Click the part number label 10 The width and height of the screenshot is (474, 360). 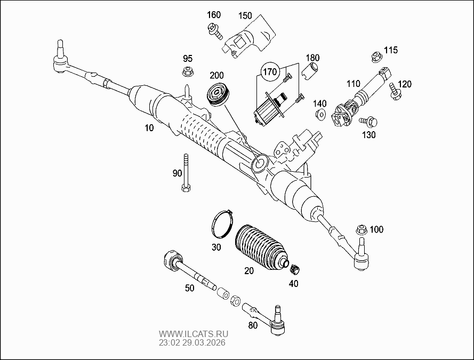coord(149,128)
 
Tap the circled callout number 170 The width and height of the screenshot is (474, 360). coord(270,70)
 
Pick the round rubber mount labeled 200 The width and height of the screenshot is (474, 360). coord(218,95)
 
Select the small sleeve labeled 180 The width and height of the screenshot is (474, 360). coord(311,69)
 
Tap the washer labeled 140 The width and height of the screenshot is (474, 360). coord(320,115)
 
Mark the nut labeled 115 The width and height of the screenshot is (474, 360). coord(375,55)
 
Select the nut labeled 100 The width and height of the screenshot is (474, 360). coord(361,230)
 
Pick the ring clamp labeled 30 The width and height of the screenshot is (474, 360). coord(220,223)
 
